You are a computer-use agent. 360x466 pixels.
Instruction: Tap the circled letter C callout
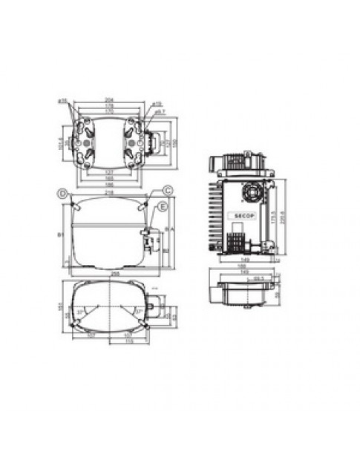click(168, 191)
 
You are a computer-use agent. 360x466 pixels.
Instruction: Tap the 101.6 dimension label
click(62, 141)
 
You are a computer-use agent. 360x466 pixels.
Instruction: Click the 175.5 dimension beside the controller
click(273, 220)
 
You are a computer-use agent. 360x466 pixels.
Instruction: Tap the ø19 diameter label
click(157, 103)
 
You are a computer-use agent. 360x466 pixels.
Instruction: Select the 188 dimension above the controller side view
click(242, 266)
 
